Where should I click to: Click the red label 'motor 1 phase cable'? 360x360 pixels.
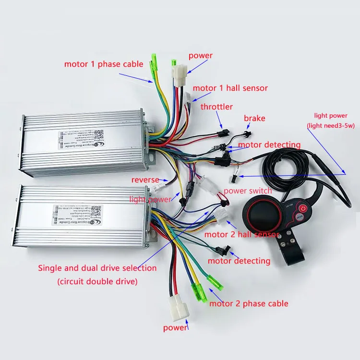coord(104,64)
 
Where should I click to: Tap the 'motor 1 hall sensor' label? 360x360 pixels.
coord(230,88)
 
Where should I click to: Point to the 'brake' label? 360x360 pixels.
coord(254,118)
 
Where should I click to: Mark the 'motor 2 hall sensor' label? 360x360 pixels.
coord(241,234)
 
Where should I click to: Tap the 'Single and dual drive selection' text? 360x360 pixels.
coord(97,268)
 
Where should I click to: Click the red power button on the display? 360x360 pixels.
coord(303,209)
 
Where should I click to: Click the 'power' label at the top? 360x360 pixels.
coord(200,56)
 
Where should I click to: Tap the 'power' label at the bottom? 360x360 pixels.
coord(175,328)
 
